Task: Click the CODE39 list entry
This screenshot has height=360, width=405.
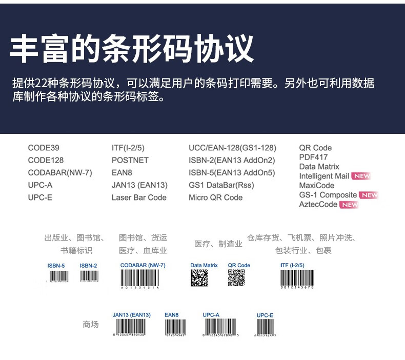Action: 44,148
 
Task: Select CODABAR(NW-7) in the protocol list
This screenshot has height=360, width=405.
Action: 60,173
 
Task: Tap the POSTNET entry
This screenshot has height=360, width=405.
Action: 130,161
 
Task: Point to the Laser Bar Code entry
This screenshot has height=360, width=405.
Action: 139,197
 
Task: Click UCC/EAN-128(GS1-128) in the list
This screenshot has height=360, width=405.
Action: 232,148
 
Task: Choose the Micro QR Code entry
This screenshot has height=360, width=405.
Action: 215,197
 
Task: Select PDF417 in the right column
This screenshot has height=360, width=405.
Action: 313,157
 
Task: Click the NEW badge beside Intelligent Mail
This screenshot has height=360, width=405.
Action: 361,176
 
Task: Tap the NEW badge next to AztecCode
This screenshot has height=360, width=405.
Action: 349,205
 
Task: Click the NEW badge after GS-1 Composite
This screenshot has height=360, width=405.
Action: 369,195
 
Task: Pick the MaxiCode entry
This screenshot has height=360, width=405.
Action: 316,186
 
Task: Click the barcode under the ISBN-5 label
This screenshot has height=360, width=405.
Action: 58,277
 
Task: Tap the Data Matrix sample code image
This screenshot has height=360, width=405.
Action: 199,277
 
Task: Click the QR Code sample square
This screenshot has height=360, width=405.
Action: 236,277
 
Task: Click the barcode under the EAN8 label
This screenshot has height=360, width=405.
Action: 175,328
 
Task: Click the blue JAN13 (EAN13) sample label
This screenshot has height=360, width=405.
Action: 131,315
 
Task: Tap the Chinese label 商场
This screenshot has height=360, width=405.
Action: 91,325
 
